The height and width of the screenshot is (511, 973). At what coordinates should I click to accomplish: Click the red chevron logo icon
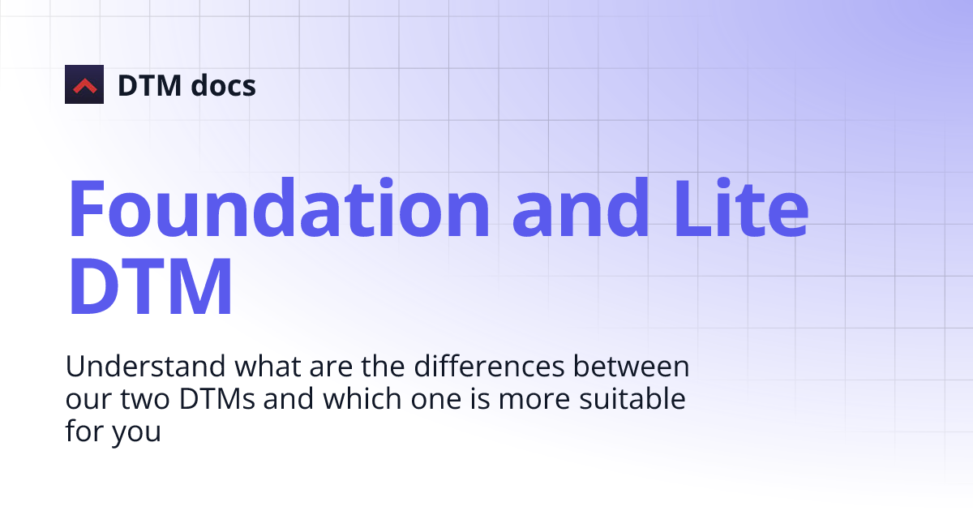(84, 84)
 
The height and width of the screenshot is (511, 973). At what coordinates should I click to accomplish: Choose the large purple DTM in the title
(151, 287)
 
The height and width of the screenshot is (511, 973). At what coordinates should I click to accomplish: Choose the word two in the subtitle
(142, 400)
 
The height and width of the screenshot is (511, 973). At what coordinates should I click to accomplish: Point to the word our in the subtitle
(84, 400)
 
